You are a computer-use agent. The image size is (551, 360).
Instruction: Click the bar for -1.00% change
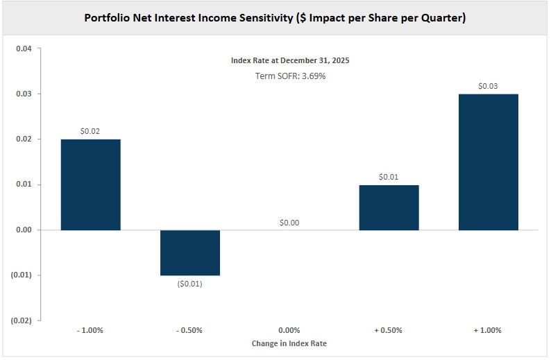pyautogui.click(x=90, y=185)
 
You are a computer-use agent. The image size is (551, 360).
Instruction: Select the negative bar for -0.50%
pyautogui.click(x=190, y=252)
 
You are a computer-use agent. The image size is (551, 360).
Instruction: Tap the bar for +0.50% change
pyautogui.click(x=389, y=207)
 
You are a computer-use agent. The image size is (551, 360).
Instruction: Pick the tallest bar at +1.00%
pyautogui.click(x=488, y=162)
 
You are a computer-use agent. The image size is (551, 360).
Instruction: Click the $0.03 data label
pyautogui.click(x=488, y=86)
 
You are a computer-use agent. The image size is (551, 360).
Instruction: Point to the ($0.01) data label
pyautogui.click(x=190, y=284)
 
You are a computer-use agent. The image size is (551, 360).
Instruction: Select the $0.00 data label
pyautogui.click(x=289, y=222)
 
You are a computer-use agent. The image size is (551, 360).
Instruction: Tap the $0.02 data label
pyautogui.click(x=90, y=131)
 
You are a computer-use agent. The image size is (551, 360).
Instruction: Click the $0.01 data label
pyautogui.click(x=389, y=177)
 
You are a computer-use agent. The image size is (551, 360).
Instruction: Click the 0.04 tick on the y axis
pyautogui.click(x=24, y=49)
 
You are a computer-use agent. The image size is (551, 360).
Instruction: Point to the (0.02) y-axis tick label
pyautogui.click(x=22, y=320)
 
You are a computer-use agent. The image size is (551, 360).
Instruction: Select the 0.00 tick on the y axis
pyautogui.click(x=24, y=230)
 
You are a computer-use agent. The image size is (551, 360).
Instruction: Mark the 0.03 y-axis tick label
pyautogui.click(x=24, y=94)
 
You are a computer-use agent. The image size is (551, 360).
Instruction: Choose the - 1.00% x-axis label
pyautogui.click(x=90, y=330)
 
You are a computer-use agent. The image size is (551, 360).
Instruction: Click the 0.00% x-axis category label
pyautogui.click(x=289, y=330)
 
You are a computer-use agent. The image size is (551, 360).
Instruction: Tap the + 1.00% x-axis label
pyautogui.click(x=488, y=330)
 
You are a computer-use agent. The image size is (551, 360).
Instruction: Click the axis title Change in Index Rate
pyautogui.click(x=289, y=343)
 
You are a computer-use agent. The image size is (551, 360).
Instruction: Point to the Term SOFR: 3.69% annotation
pyautogui.click(x=290, y=76)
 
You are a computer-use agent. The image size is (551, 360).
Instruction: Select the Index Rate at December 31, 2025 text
pyautogui.click(x=290, y=61)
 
